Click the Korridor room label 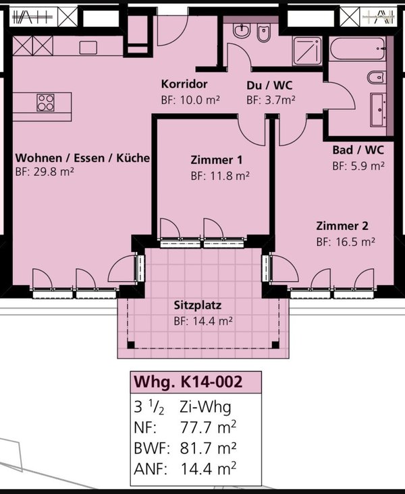(x=184, y=84)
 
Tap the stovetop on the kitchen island (x=45, y=102)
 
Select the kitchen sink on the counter (x=88, y=48)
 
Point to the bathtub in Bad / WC (x=358, y=49)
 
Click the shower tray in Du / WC (x=307, y=51)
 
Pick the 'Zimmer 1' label (x=217, y=160)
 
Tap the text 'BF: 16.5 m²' (x=346, y=242)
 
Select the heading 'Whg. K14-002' (x=188, y=382)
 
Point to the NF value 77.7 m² (x=208, y=427)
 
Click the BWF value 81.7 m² (x=208, y=447)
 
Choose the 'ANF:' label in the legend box (x=151, y=469)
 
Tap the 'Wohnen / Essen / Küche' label (x=82, y=158)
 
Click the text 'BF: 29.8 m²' (x=45, y=172)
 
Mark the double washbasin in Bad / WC (x=378, y=109)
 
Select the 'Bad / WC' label (x=358, y=150)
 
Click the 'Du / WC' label (x=269, y=86)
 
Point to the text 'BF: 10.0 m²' (x=190, y=100)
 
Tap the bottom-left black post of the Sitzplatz (x=131, y=344)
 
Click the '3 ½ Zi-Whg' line (x=182, y=407)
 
